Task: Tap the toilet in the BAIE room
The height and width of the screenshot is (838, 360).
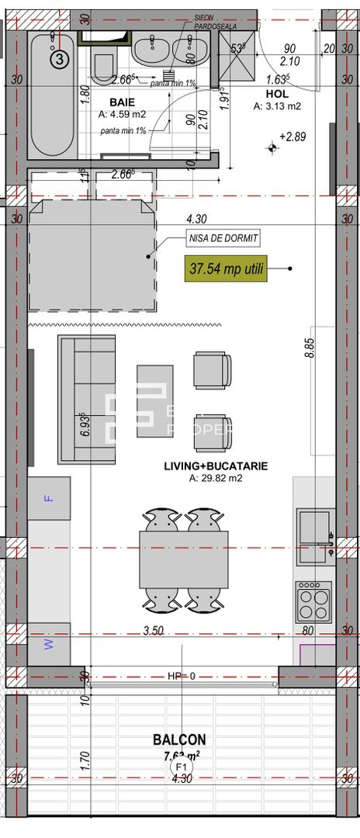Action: click(x=103, y=65)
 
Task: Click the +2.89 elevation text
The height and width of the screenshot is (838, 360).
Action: click(x=296, y=137)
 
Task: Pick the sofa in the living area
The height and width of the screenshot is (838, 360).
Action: click(x=86, y=400)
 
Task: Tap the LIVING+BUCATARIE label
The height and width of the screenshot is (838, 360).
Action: click(x=216, y=466)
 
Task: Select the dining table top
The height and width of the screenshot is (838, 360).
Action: click(x=183, y=559)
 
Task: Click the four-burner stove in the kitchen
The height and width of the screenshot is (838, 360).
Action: click(x=313, y=601)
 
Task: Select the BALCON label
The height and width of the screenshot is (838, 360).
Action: click(x=179, y=740)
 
